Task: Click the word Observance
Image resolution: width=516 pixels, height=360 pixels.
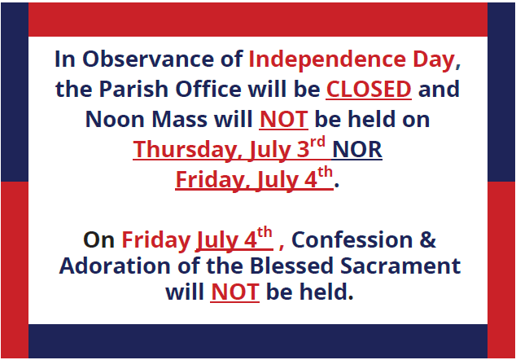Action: coord(148,59)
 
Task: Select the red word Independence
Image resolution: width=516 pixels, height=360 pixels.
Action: coord(327,59)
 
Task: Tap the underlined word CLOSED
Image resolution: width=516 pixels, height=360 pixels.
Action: coord(369,90)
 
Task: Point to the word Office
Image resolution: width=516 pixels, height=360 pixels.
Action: coord(208,89)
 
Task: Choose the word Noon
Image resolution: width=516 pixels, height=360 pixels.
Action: coord(115,119)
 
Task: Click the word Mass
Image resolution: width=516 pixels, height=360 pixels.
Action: coord(179,119)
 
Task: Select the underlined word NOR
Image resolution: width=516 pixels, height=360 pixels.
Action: coord(357,150)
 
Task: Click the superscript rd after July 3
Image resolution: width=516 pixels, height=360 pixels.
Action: coord(317,142)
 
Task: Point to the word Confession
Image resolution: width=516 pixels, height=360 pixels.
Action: coord(352,239)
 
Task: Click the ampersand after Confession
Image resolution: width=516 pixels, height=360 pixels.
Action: coord(428,239)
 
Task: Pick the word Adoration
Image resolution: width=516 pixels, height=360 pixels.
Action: coord(115,266)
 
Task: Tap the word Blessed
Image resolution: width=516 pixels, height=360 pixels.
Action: coord(291,266)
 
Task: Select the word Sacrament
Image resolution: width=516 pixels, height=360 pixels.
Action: coord(400,266)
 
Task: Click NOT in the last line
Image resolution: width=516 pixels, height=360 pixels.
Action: coord(235,292)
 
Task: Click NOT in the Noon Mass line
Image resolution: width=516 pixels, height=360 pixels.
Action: coord(284,119)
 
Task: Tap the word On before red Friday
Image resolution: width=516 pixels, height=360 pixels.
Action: coord(98,239)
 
